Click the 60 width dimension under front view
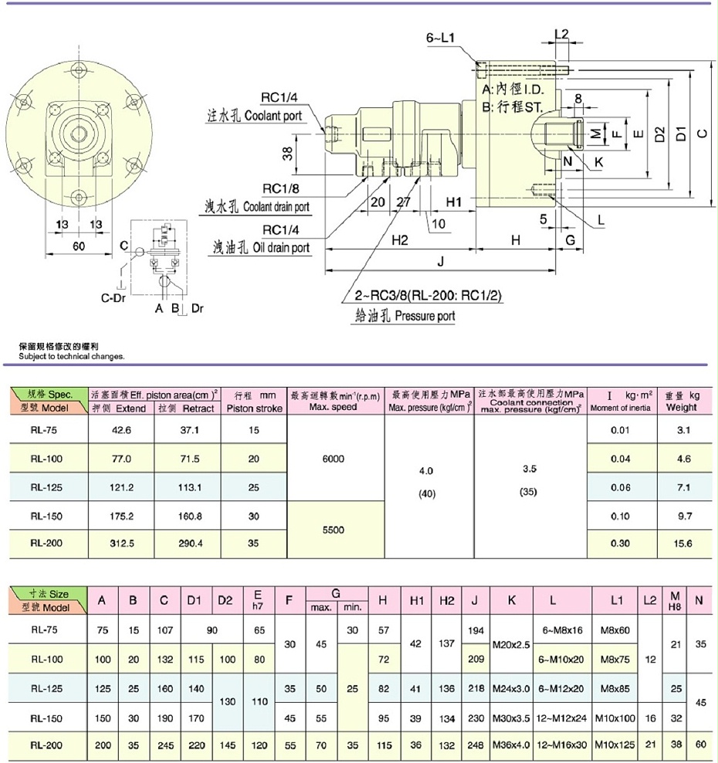coord(77,246)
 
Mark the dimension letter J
coord(440,262)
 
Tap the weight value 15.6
coord(683,544)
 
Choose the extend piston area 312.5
coord(120,544)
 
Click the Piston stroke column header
coord(252,407)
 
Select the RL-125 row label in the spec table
coord(46,487)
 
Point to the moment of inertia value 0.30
coord(621,544)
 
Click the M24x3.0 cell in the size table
coord(513,687)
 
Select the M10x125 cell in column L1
coord(617,745)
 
